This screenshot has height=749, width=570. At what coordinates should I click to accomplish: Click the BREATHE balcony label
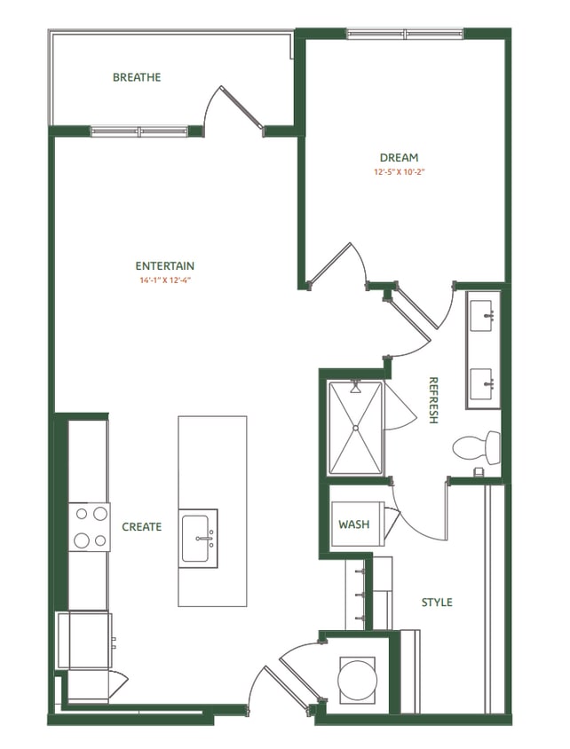(x=137, y=77)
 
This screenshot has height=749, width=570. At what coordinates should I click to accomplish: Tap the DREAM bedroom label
(x=399, y=158)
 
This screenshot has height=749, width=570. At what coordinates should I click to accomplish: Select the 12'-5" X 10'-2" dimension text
(x=399, y=172)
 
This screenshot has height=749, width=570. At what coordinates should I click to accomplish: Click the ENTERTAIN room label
(x=164, y=265)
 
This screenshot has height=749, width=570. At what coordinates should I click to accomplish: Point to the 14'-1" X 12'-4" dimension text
(x=164, y=280)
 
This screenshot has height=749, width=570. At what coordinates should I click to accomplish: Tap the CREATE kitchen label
(x=142, y=526)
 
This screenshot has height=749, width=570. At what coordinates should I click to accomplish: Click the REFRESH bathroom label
(x=433, y=400)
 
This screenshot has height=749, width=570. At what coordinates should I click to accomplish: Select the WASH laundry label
(x=353, y=524)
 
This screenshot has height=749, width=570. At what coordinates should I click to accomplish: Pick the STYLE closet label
(x=436, y=603)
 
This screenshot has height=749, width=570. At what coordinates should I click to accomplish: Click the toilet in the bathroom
(x=475, y=446)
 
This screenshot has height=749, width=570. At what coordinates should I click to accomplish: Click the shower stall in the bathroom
(x=356, y=428)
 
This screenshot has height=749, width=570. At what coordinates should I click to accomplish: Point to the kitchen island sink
(x=199, y=538)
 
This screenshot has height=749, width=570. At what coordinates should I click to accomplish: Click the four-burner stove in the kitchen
(x=89, y=526)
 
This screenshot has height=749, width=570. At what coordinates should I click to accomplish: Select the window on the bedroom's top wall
(x=404, y=35)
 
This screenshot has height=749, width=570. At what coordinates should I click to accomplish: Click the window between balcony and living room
(x=139, y=131)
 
